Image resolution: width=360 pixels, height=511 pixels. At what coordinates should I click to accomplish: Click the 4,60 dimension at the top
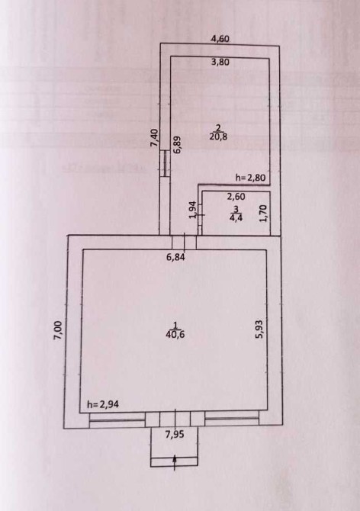220,38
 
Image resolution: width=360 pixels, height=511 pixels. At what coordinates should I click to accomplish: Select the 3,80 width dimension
220,62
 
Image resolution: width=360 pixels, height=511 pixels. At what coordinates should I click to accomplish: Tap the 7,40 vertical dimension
154,138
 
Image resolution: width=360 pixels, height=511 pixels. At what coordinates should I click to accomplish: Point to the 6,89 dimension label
178,145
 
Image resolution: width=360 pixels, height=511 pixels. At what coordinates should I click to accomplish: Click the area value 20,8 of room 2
218,137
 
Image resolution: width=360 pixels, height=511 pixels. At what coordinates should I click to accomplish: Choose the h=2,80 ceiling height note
250,178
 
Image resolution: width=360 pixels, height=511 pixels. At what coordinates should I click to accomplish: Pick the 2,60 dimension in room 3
236,197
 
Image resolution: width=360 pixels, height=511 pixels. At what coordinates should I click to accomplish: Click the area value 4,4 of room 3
236,217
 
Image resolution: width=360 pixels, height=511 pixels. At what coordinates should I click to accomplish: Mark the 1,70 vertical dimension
264,214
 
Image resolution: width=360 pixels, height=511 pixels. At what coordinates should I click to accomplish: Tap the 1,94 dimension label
192,210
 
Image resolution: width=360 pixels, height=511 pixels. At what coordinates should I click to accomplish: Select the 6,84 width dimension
175,257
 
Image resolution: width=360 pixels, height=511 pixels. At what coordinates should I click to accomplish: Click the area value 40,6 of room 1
175,334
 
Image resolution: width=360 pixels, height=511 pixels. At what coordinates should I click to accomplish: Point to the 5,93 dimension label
259,329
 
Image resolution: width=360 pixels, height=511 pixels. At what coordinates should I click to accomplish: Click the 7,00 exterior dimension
58,331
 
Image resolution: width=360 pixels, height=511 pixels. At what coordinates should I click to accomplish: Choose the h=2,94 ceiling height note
103,404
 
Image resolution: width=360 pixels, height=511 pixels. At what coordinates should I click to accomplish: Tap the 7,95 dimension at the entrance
175,434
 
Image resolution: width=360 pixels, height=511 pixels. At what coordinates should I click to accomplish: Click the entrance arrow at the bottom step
175,462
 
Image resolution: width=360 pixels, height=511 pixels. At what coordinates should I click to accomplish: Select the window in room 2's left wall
165,163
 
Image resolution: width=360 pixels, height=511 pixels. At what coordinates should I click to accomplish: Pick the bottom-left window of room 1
117,420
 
